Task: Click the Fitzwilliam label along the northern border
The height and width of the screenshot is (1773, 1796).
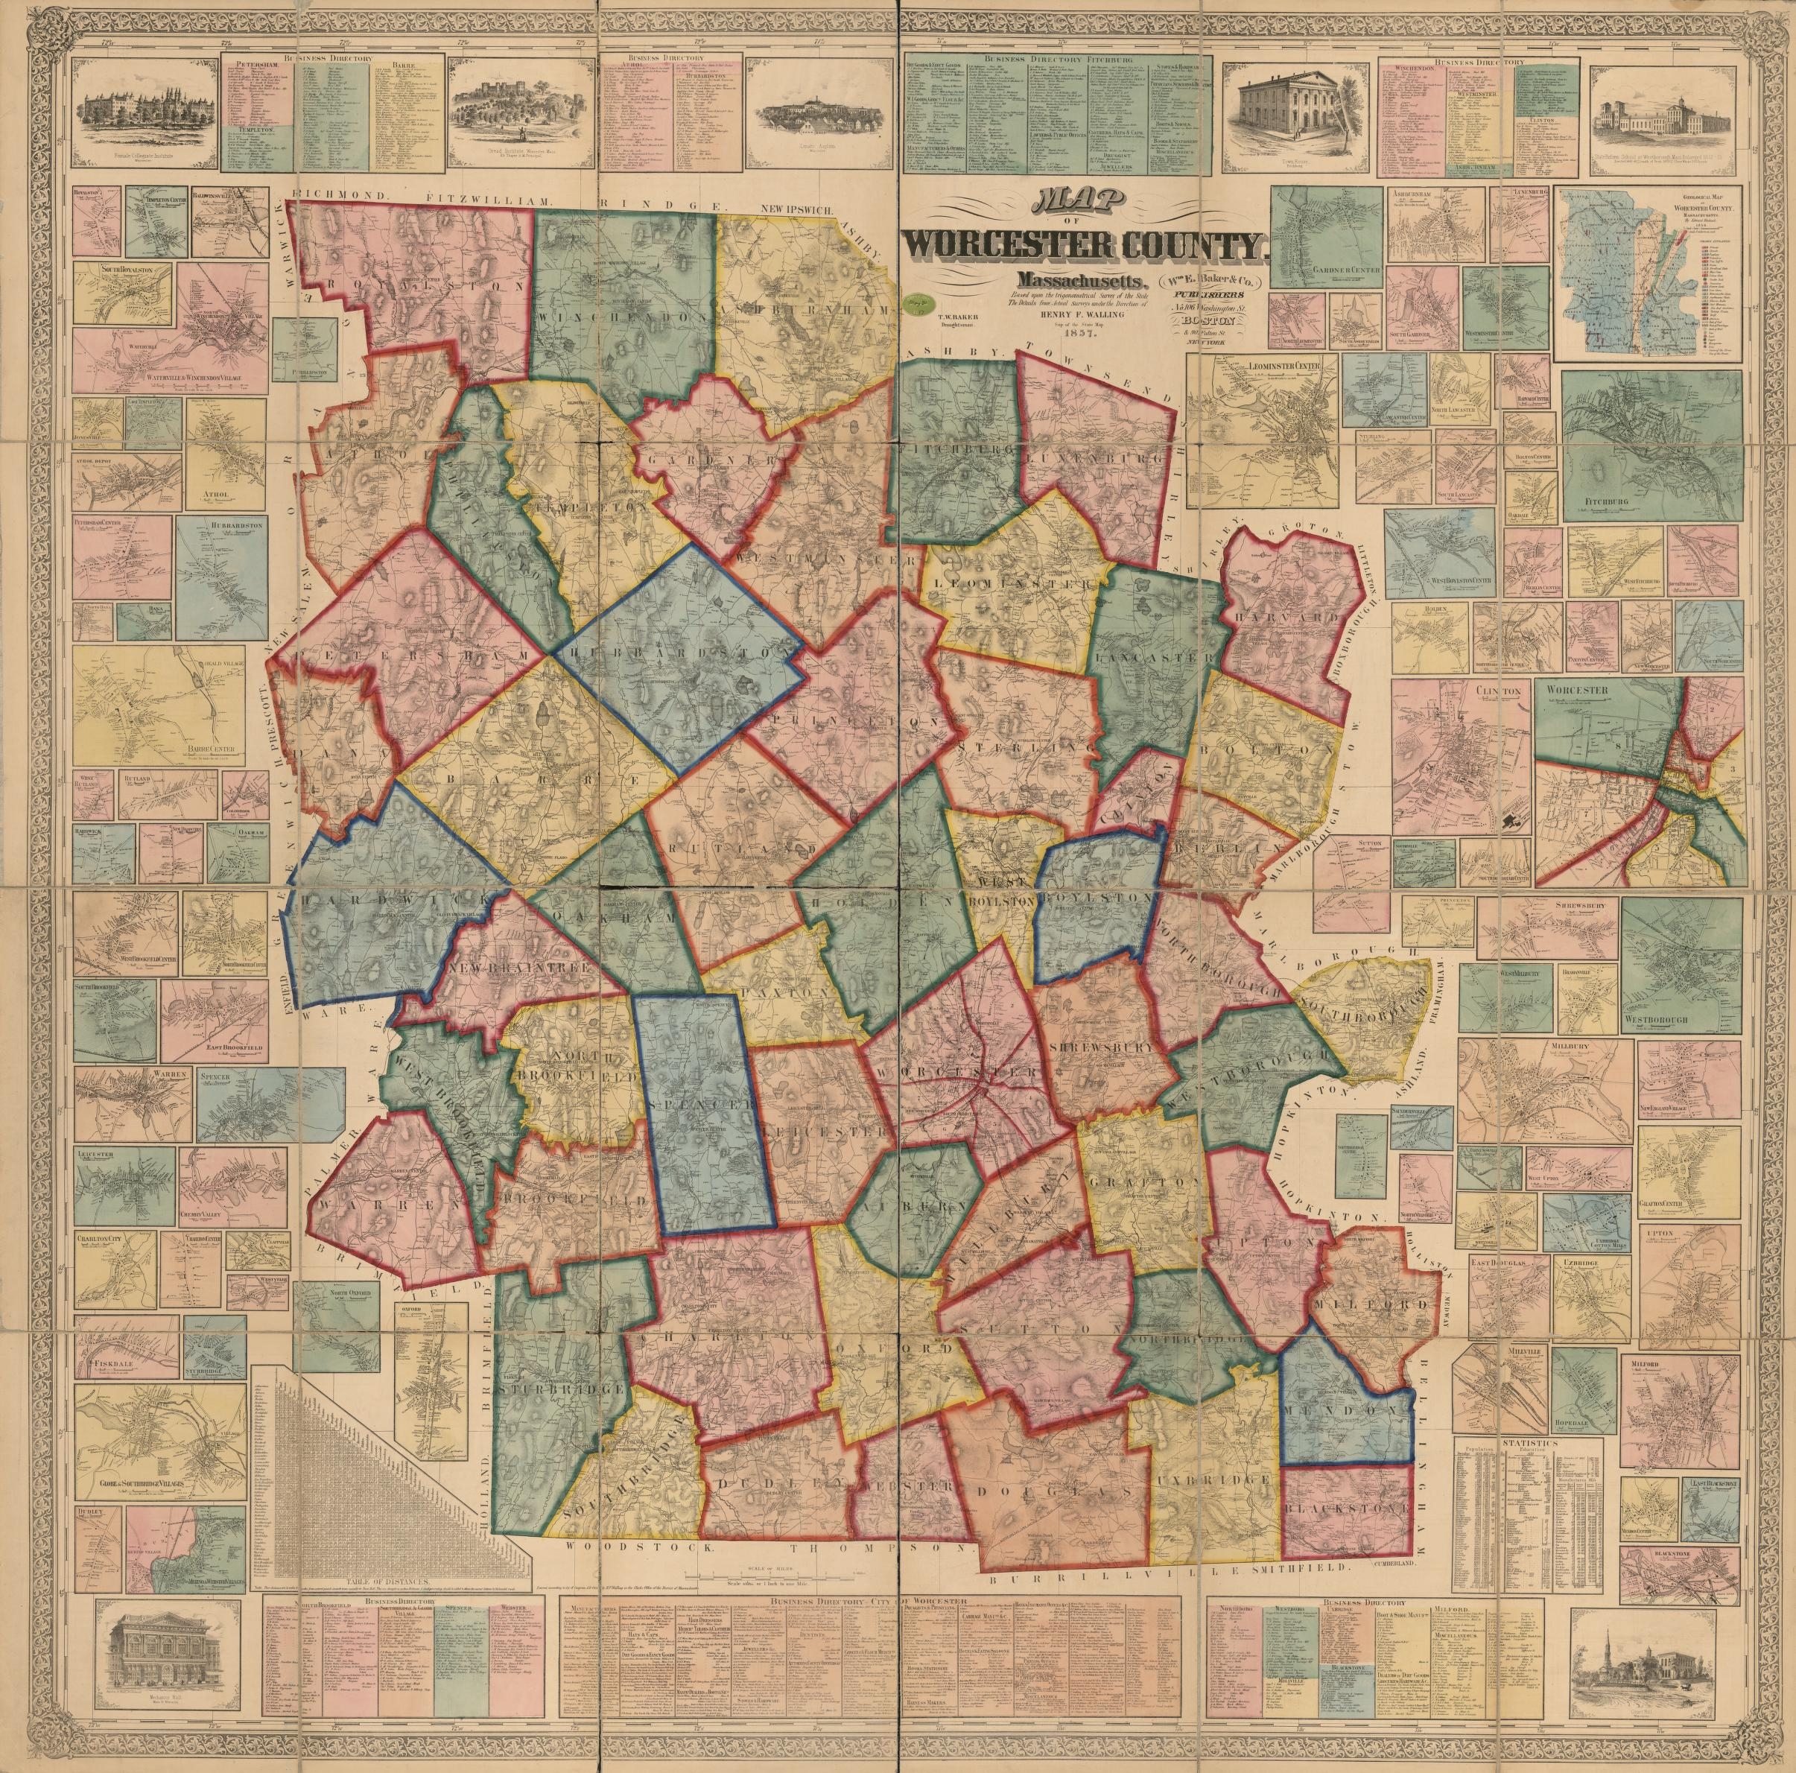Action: click(x=489, y=200)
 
